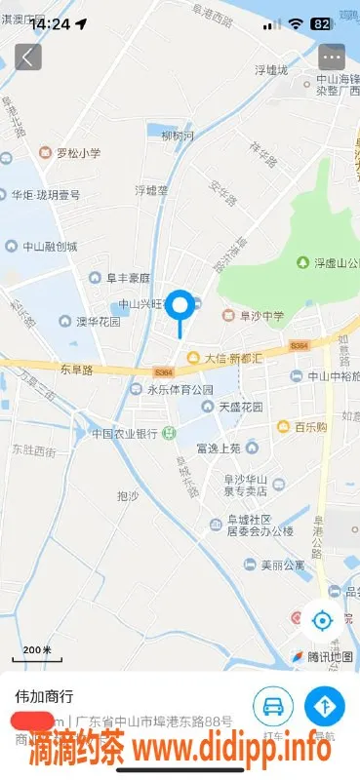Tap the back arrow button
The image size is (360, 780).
tap(27, 57)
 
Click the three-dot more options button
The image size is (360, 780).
tap(332, 57)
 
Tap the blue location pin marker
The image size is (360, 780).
tap(180, 307)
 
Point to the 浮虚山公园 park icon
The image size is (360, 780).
tap(303, 262)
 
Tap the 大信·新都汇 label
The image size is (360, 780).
tap(226, 358)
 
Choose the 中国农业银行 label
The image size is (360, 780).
tap(125, 433)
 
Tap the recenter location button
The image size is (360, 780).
tap(321, 619)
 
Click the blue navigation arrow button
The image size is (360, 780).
tap(324, 704)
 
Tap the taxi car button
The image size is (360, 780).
tap(273, 704)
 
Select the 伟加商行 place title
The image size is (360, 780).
tap(44, 697)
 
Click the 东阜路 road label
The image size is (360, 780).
tap(75, 370)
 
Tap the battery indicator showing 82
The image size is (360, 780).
tap(320, 23)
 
